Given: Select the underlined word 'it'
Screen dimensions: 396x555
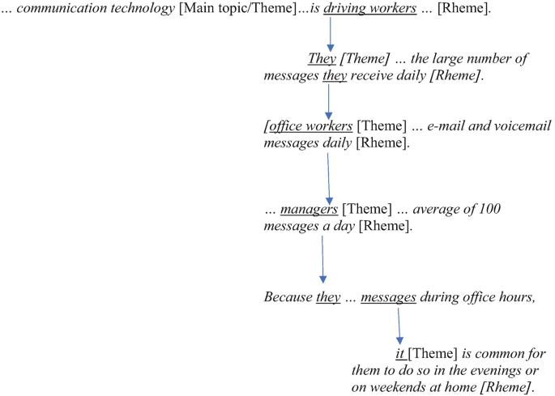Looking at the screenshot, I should pyautogui.click(x=399, y=355).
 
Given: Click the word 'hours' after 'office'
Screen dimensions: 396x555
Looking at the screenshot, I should pyautogui.click(x=514, y=297).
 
